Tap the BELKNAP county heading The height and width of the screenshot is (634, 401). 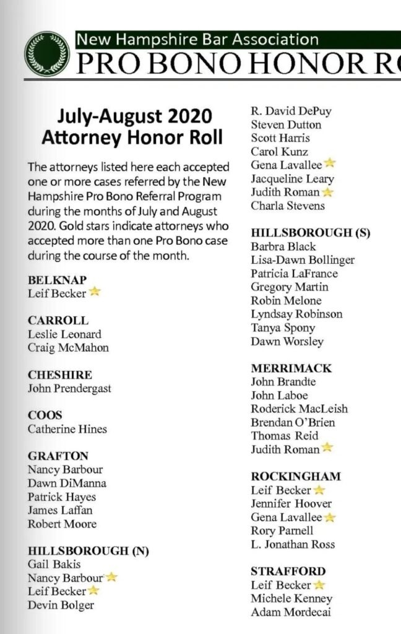[58, 280]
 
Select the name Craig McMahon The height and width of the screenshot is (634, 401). [68, 347]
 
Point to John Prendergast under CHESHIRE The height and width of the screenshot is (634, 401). [69, 388]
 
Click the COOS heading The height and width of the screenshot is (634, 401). [45, 415]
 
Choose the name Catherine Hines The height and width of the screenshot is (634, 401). [67, 428]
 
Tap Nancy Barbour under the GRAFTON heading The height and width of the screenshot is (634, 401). [66, 469]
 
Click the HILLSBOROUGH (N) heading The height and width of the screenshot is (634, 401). [88, 551]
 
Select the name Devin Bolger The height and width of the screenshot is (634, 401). [61, 605]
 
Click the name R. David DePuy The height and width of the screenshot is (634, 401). [291, 111]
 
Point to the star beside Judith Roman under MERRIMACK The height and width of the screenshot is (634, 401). [327, 448]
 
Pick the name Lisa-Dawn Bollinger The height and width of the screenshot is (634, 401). [303, 260]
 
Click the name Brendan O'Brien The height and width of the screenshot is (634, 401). [293, 422]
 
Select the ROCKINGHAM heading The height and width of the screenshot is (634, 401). [296, 477]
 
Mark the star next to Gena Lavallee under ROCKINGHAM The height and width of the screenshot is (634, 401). [330, 517]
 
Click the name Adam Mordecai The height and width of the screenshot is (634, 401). [291, 612]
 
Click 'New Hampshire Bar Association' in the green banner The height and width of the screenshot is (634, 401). [197, 40]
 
